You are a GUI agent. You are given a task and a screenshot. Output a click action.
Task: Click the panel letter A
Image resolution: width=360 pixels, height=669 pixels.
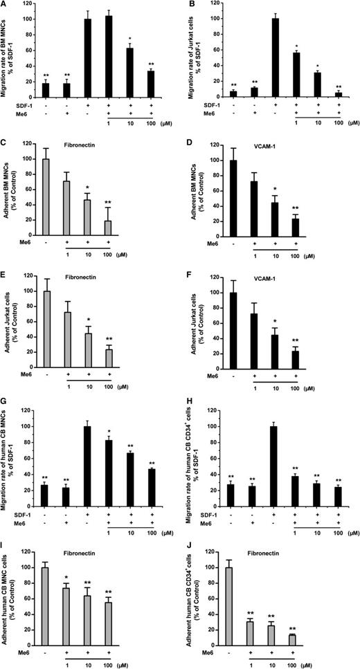pos(5,6)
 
